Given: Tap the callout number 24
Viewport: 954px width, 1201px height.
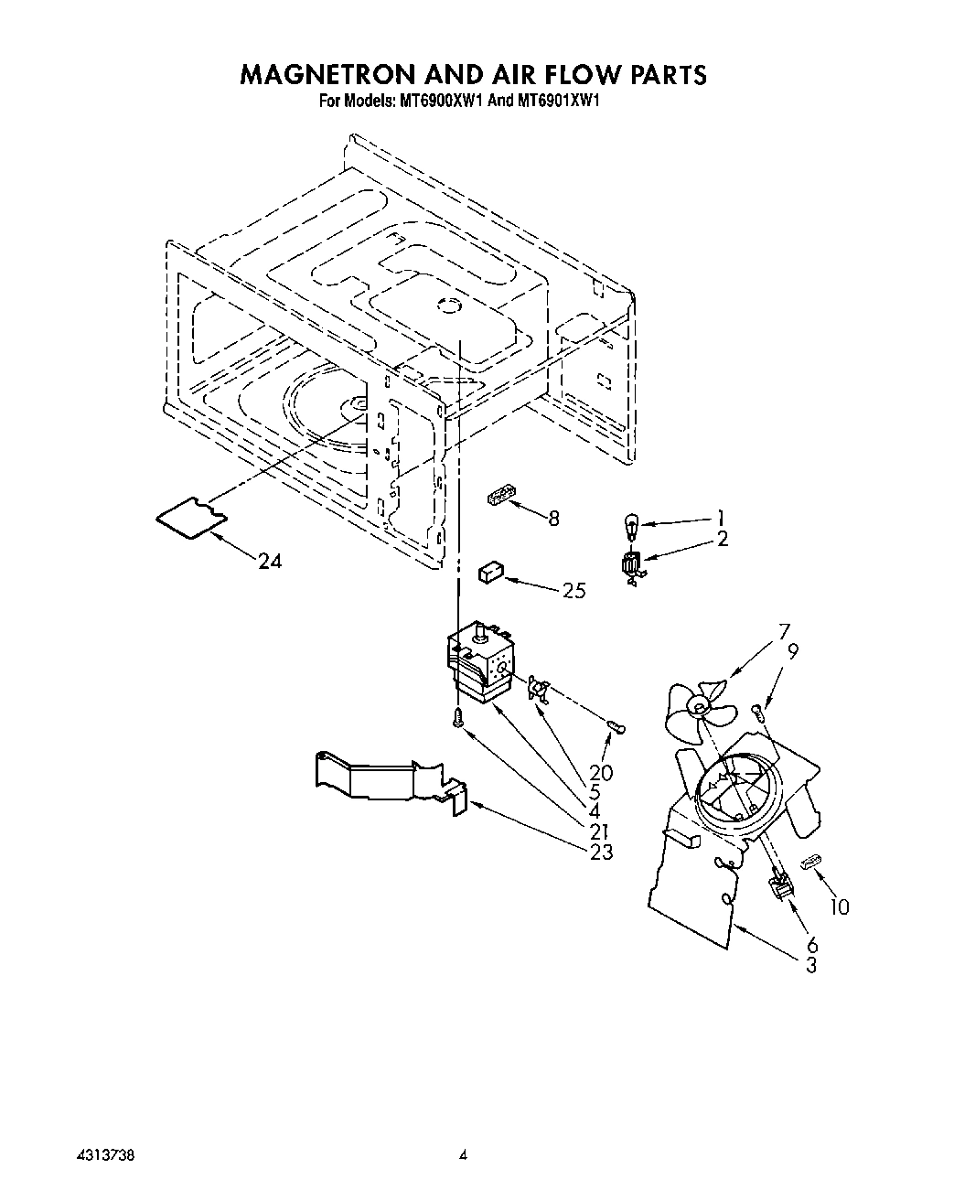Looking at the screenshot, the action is point(270,562).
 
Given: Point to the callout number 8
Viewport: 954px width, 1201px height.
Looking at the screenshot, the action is point(552,519).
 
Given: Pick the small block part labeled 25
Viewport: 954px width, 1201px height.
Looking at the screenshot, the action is point(490,573).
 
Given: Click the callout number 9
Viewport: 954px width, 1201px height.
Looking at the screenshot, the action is point(792,652).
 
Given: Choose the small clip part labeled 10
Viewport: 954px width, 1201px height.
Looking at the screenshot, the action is point(810,863).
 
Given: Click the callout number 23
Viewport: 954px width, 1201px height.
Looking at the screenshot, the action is point(601,852).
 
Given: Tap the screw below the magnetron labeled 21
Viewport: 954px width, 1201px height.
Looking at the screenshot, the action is point(457,721).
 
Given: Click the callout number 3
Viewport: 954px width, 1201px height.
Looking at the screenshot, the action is point(810,965).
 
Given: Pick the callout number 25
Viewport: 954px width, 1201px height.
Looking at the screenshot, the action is point(573,590).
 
